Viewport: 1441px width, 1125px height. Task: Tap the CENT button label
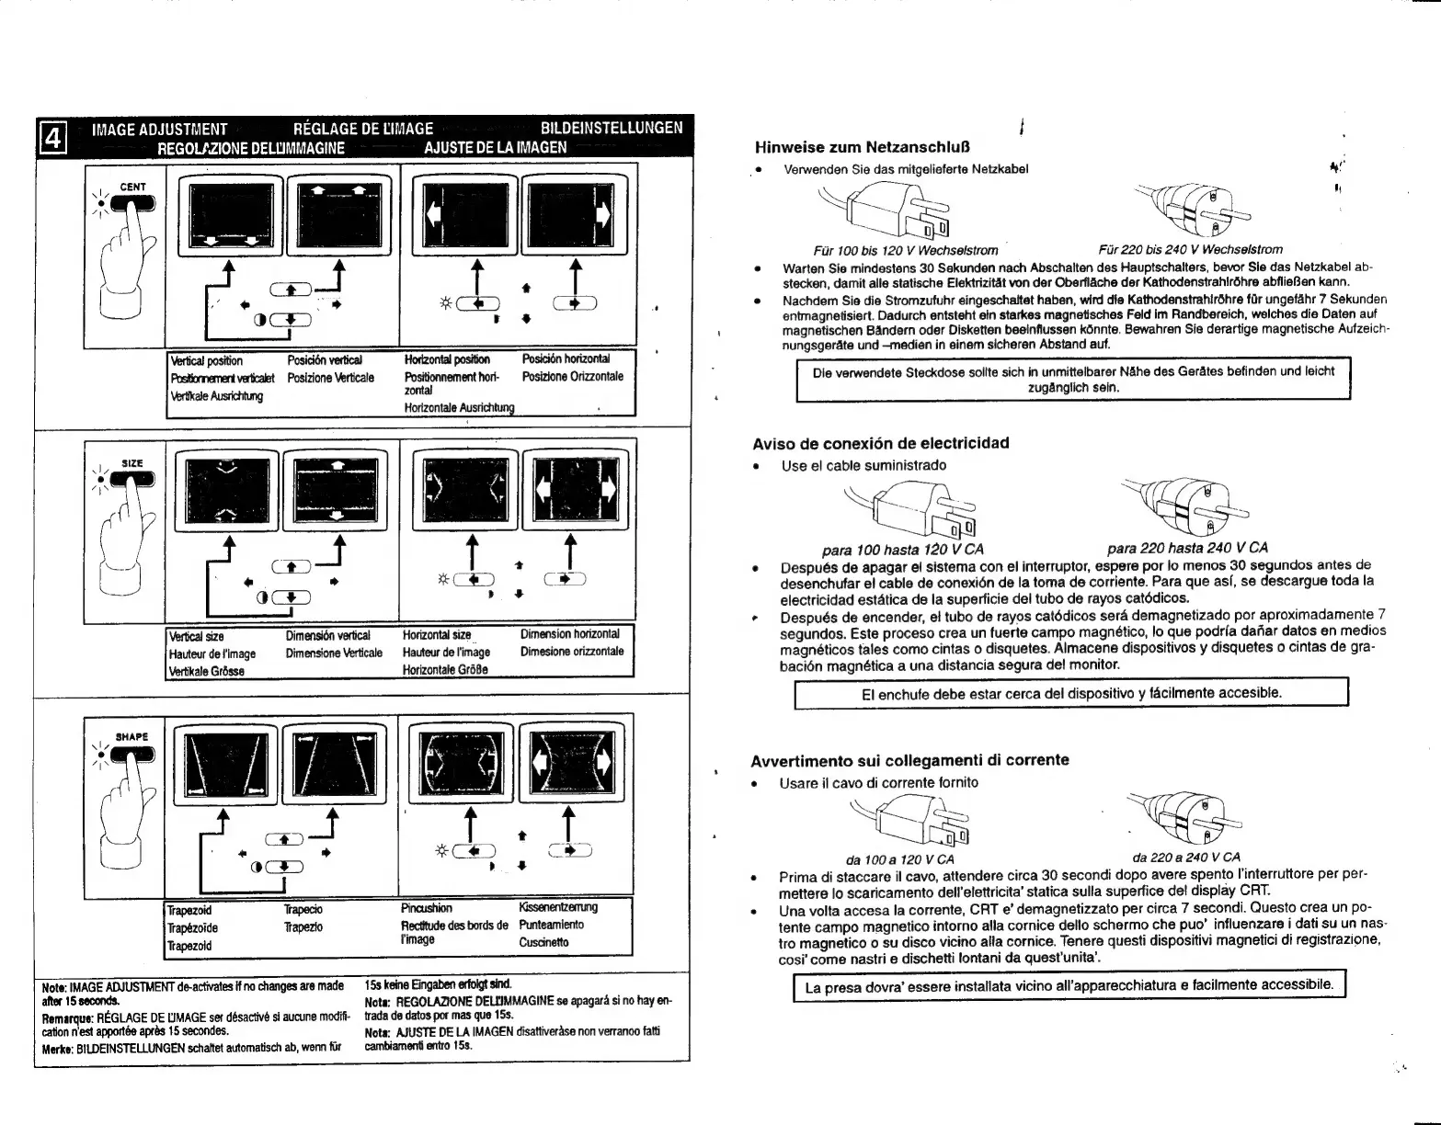click(133, 187)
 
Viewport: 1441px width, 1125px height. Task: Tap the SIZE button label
click(132, 463)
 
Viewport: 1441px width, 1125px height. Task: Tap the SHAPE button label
click(132, 737)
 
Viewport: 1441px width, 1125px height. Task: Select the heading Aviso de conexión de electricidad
click(880, 443)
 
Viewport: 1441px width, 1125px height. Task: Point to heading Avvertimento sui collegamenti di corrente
click(909, 760)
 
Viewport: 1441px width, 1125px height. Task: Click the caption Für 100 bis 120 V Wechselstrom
click(906, 249)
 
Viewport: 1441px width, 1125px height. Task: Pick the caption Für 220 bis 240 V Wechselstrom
click(1190, 249)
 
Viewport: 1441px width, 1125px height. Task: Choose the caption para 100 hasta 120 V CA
click(902, 550)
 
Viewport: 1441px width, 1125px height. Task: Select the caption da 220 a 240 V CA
click(1186, 858)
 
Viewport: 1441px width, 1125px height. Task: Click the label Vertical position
click(207, 361)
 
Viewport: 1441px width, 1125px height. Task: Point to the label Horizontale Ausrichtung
click(459, 407)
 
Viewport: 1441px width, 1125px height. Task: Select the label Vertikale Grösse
click(205, 671)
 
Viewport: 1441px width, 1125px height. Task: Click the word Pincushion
click(427, 908)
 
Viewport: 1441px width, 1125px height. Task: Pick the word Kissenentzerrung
click(557, 907)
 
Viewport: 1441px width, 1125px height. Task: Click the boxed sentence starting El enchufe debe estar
click(1070, 693)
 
